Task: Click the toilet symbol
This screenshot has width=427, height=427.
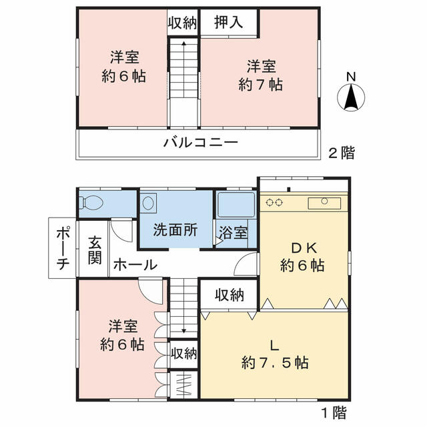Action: (91, 203)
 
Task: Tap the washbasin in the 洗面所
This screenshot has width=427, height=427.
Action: (148, 202)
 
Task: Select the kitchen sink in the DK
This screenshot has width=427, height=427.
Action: (324, 203)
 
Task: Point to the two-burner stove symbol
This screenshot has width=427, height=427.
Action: (274, 203)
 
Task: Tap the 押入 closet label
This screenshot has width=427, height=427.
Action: (228, 22)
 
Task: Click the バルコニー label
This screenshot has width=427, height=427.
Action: (201, 142)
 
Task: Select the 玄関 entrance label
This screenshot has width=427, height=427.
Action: (95, 251)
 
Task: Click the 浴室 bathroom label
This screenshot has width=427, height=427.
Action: (233, 233)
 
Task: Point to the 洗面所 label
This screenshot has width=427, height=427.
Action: (175, 230)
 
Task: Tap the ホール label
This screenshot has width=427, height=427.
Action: (135, 264)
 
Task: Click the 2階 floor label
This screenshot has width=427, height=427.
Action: (342, 153)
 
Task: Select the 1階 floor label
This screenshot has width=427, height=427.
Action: (334, 412)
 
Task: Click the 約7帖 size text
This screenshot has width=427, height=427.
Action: (261, 85)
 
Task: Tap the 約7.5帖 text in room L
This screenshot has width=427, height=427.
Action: (275, 363)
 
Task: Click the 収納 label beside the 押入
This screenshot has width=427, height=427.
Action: (182, 23)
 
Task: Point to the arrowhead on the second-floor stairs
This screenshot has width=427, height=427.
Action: (184, 43)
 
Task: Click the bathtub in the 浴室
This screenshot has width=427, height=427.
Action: (236, 205)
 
